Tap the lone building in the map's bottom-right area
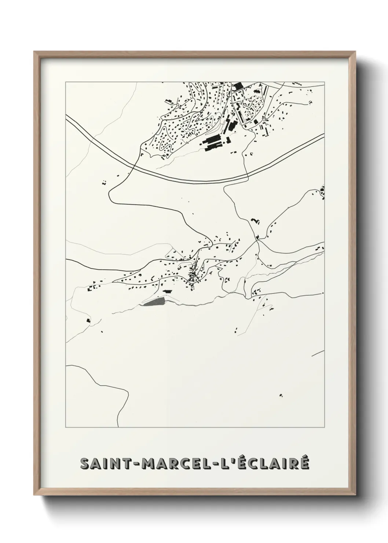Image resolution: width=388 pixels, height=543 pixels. (281, 396)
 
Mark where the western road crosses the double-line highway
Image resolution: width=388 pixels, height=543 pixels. (135, 167)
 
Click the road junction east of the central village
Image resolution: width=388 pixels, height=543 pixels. (258, 241)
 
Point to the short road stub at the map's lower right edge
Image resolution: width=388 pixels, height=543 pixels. (318, 353)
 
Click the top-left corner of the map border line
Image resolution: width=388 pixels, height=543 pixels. (66, 82)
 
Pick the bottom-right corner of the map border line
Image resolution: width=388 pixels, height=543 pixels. (324, 427)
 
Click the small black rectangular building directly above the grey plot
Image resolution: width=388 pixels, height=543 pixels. (168, 291)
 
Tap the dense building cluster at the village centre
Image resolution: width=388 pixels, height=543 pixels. (192, 275)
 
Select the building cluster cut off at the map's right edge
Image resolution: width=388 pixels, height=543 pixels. (322, 192)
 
